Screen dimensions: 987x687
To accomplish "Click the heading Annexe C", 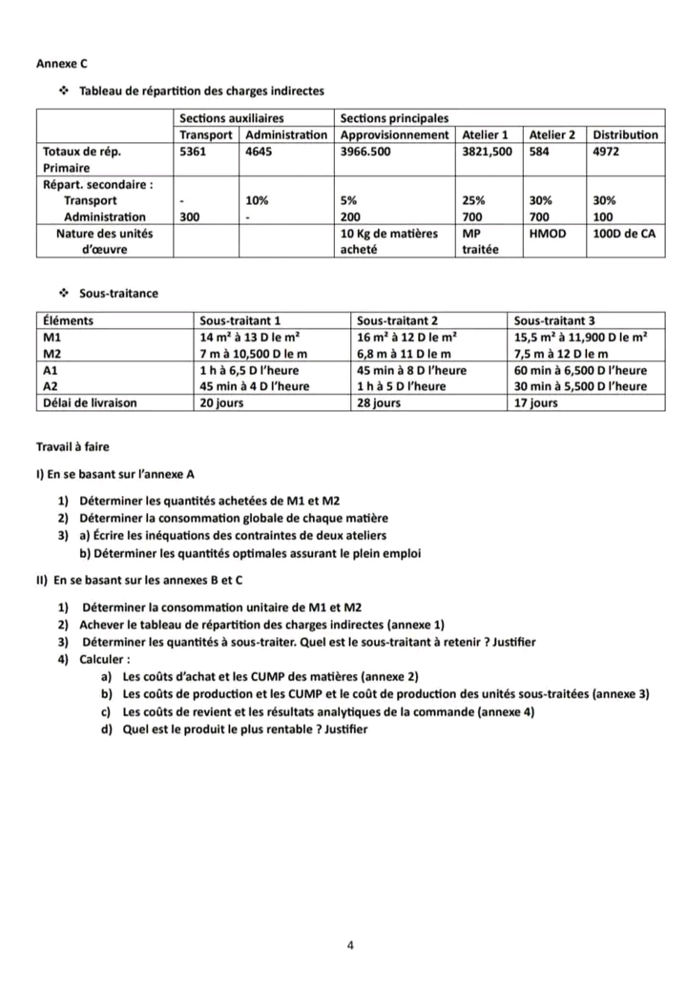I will [x=61, y=64].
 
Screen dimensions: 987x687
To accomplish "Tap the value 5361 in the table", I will [x=194, y=151].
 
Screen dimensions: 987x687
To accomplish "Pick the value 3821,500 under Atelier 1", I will [x=487, y=151].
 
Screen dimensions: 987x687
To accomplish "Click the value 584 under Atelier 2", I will [x=542, y=151].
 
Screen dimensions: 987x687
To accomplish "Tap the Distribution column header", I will [x=625, y=134].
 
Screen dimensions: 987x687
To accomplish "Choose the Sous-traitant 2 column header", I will [x=396, y=321].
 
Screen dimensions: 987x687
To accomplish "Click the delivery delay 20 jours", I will [x=221, y=402].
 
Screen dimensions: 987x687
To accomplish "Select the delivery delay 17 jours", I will [x=535, y=402].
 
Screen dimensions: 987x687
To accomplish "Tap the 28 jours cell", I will [x=379, y=402].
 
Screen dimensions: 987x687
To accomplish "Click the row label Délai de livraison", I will [x=91, y=402].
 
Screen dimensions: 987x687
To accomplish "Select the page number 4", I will [x=350, y=946].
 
